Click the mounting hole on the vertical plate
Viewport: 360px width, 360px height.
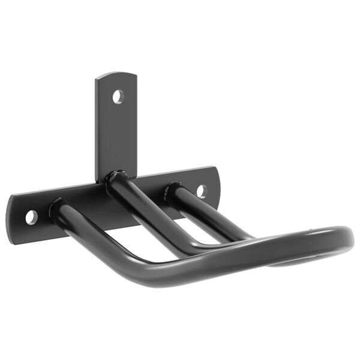pyautogui.click(x=118, y=95)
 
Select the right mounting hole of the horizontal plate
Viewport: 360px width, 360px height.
pyautogui.click(x=202, y=191)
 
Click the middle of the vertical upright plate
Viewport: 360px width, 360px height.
pyautogui.click(x=116, y=129)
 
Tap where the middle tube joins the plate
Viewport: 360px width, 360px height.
pyautogui.click(x=115, y=179)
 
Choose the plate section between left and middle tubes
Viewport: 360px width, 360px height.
pyautogui.click(x=84, y=204)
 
